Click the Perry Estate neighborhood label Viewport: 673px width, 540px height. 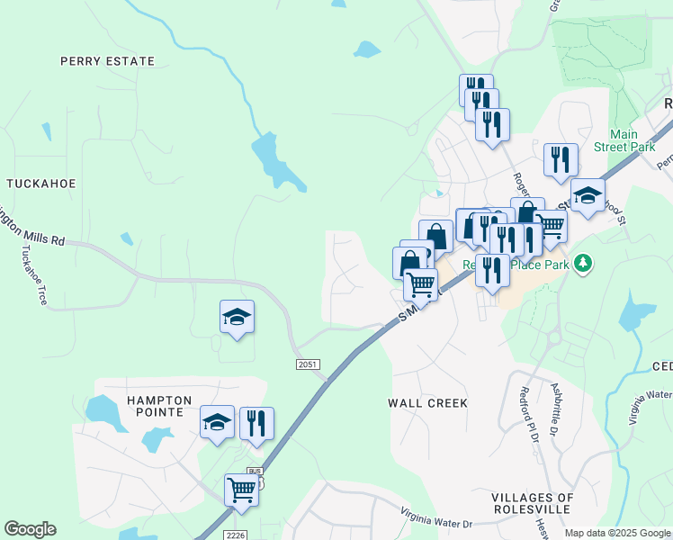[x=107, y=61]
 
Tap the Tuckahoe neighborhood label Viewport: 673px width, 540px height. [x=40, y=183]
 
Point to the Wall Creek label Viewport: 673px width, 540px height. [x=427, y=403]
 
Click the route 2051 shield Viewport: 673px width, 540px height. [x=308, y=363]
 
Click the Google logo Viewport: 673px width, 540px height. [x=30, y=529]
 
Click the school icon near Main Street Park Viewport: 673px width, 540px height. [x=588, y=195]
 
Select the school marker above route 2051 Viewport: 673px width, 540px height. [x=237, y=317]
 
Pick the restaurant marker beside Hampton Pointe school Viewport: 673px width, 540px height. [x=256, y=422]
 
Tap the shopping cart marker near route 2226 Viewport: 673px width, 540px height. [x=241, y=490]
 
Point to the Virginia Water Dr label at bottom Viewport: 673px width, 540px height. [x=436, y=519]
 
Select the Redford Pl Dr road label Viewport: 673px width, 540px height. [x=528, y=414]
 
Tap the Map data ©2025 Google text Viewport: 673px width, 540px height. [x=617, y=533]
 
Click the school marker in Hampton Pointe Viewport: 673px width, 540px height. [x=217, y=422]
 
